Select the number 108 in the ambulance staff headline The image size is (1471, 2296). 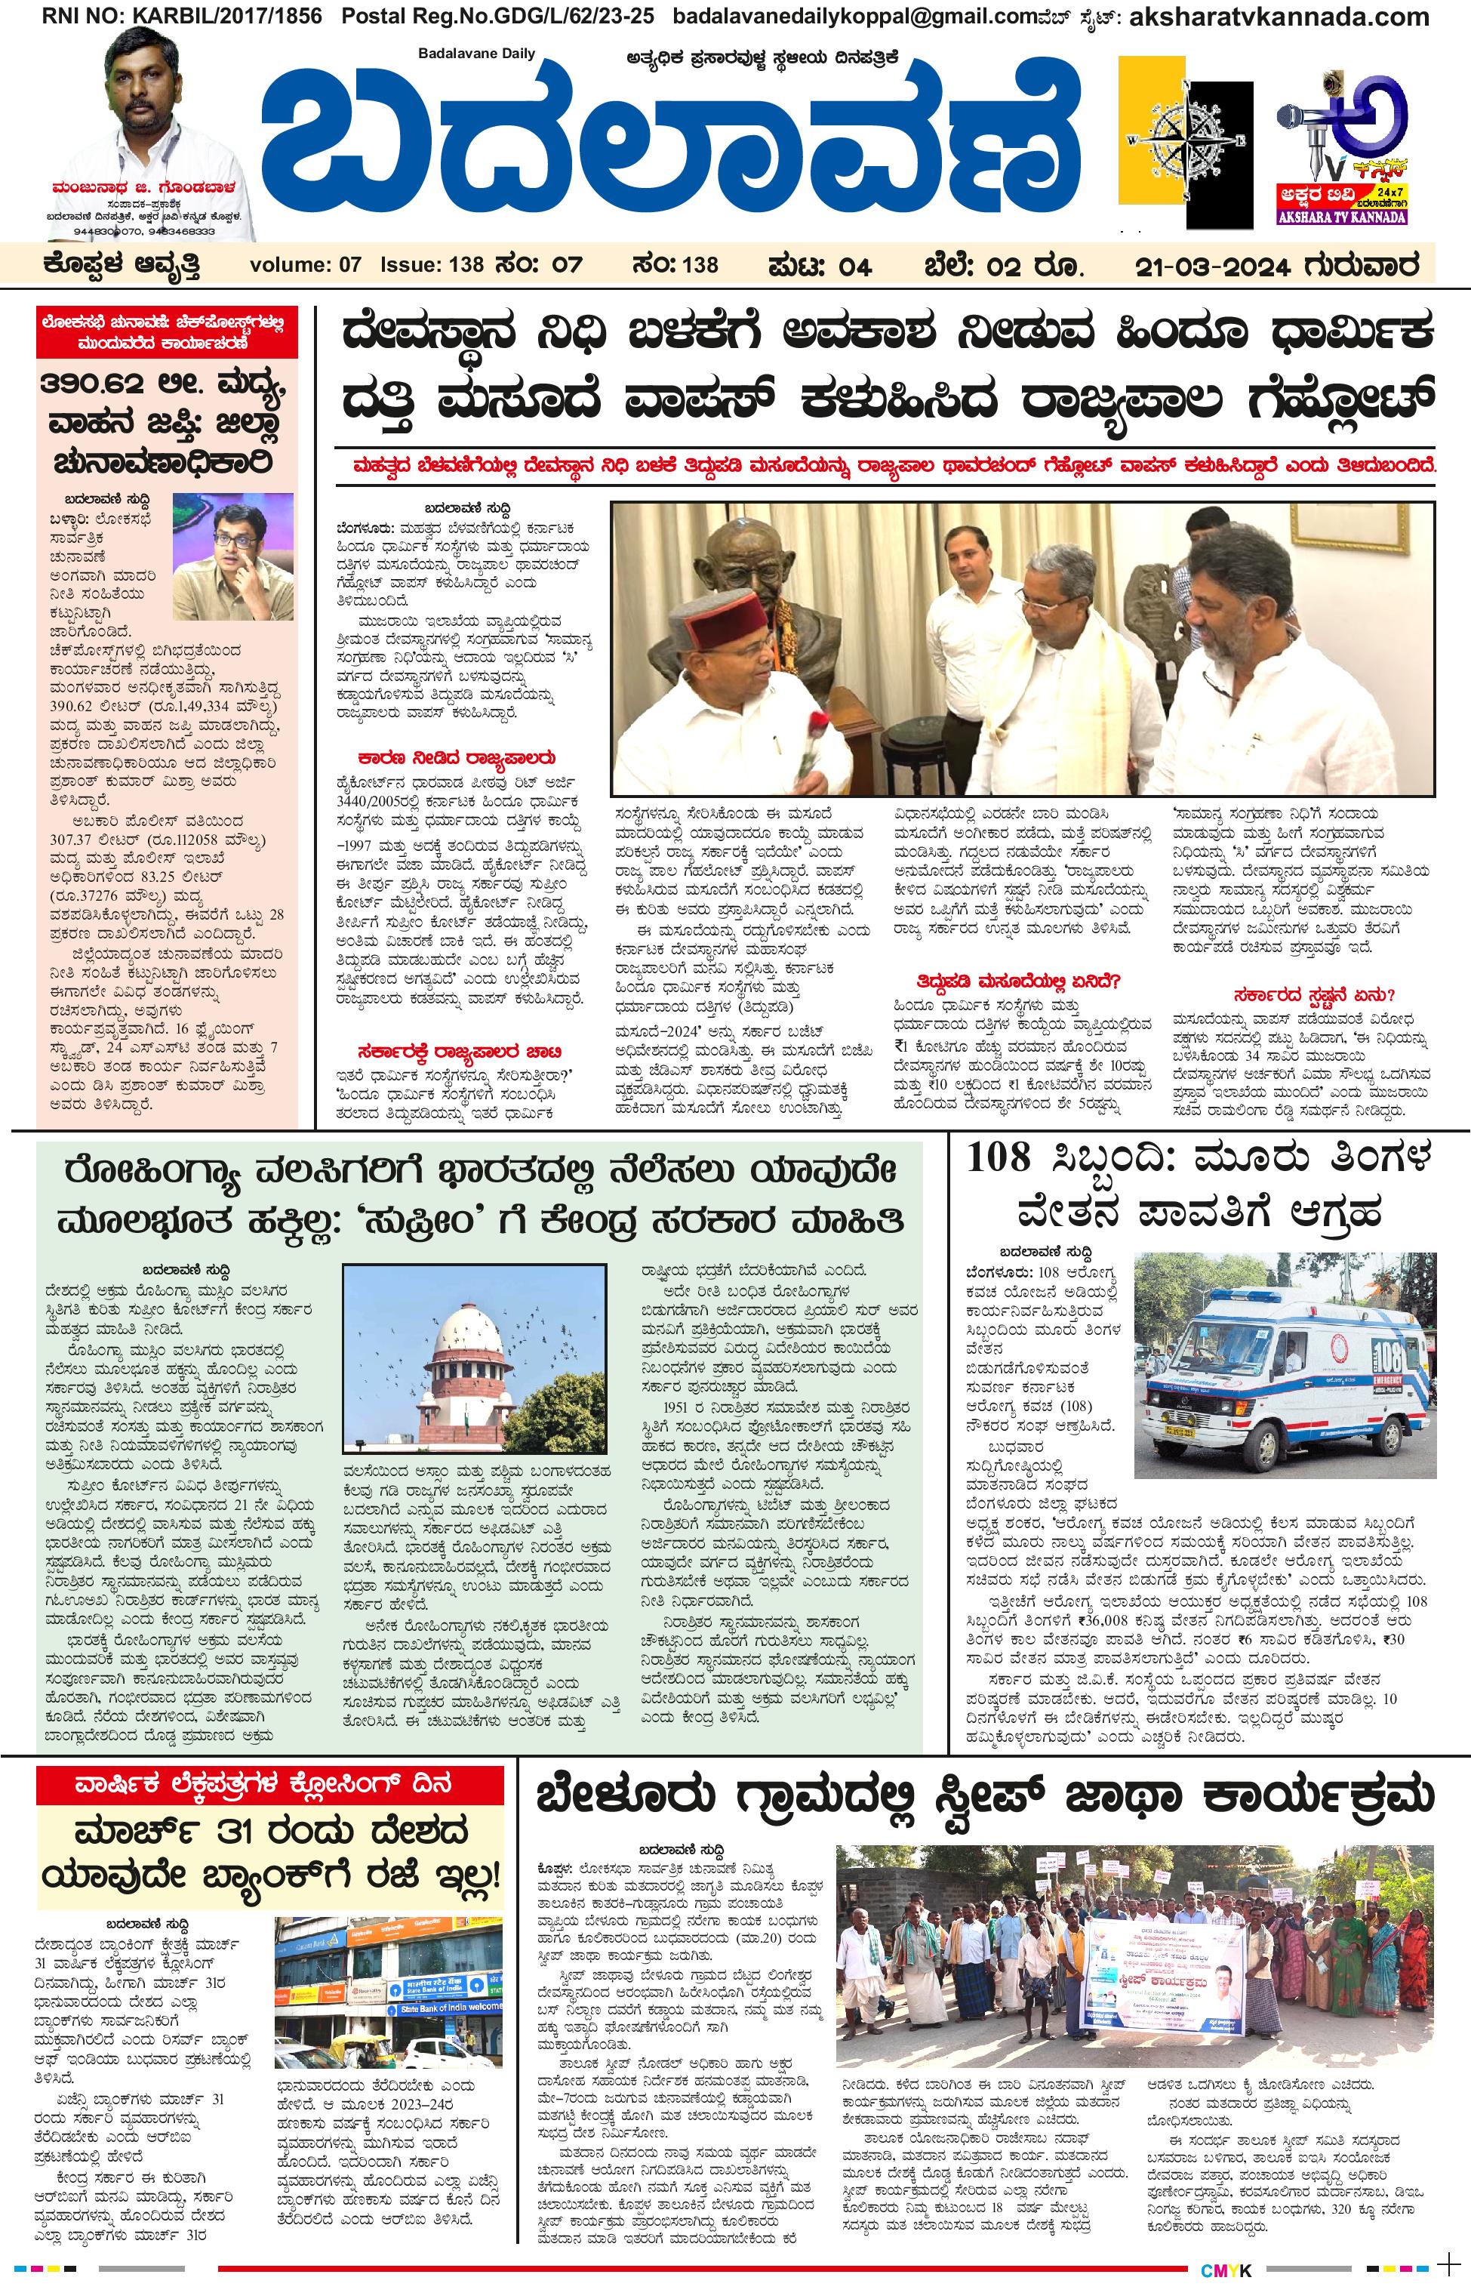point(999,1158)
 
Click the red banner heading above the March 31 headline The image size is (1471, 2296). point(269,1784)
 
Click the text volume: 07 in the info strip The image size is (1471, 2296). point(306,265)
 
